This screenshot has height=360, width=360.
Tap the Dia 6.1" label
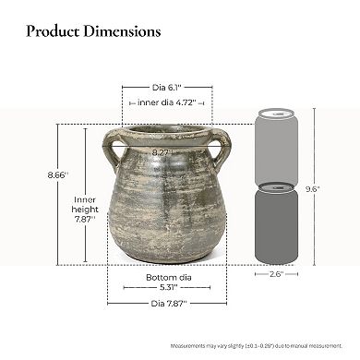pyautogui.click(x=167, y=87)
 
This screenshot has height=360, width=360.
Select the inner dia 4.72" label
pyautogui.click(x=167, y=103)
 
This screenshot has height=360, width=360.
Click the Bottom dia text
pyautogui.click(x=167, y=277)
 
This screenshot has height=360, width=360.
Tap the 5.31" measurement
pyautogui.click(x=167, y=287)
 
